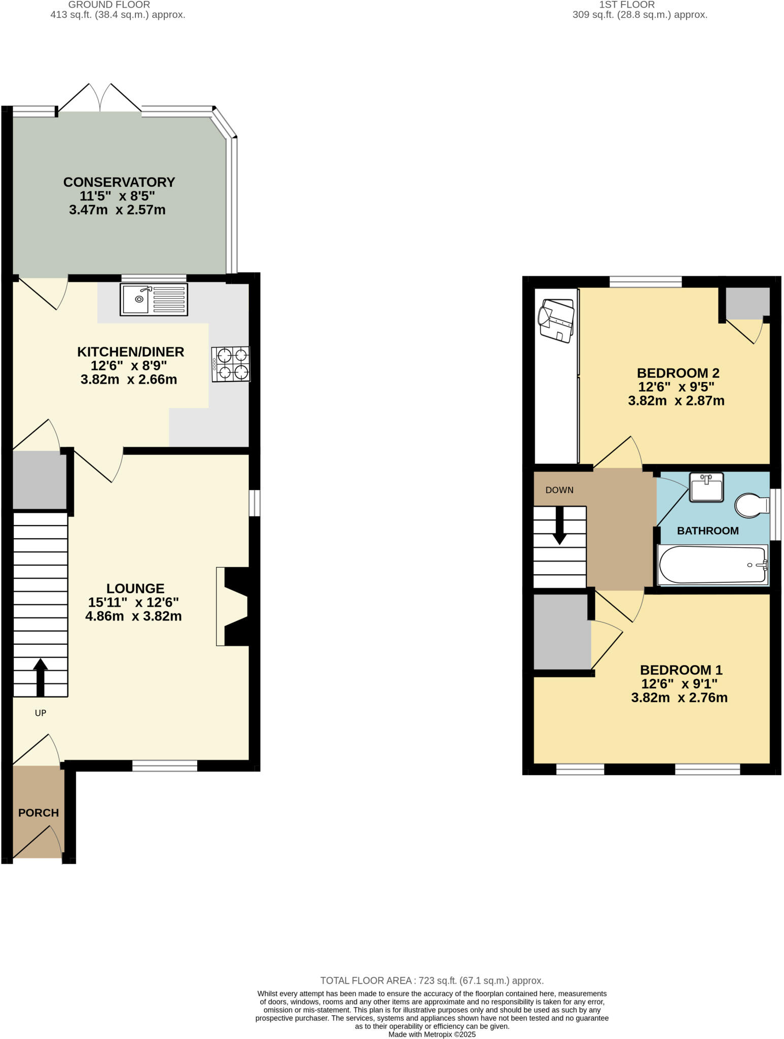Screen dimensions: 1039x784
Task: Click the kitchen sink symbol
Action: [154, 299]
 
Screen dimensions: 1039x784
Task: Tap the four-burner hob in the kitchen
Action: [231, 364]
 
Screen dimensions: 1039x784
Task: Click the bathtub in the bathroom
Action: [712, 565]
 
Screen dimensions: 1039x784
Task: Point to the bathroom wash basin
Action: [706, 488]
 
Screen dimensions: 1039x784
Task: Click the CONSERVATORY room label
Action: [119, 182]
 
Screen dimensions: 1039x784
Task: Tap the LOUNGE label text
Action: [135, 588]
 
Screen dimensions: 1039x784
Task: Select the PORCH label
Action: [39, 813]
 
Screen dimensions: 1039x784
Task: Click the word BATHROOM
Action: [707, 531]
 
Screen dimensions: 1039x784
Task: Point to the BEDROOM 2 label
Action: [678, 373]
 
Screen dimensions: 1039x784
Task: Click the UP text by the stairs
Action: [41, 713]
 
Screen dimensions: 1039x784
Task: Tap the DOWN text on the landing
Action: [559, 490]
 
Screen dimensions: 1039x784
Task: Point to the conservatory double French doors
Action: [99, 98]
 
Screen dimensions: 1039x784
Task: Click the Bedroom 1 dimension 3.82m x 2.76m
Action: [679, 698]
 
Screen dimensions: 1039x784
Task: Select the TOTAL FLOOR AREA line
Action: [432, 981]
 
